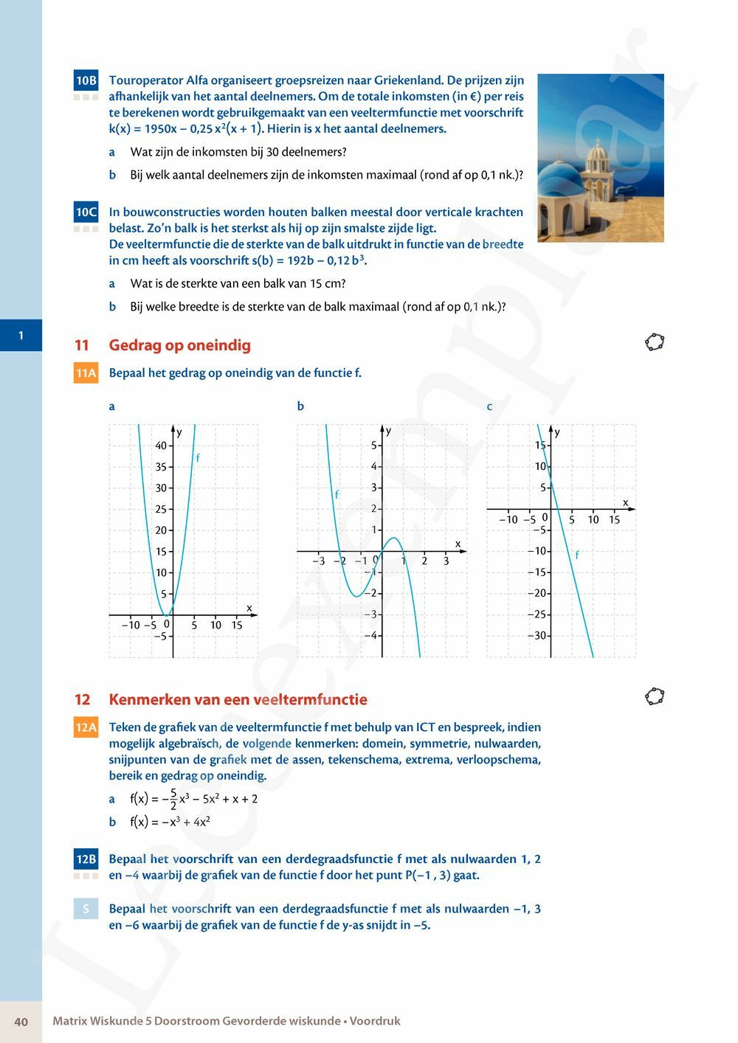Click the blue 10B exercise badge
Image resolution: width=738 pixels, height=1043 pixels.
click(x=86, y=80)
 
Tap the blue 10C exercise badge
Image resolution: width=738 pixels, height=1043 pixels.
click(x=86, y=212)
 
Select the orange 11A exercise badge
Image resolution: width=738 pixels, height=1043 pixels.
click(x=86, y=373)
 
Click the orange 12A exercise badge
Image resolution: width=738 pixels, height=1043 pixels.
click(x=86, y=728)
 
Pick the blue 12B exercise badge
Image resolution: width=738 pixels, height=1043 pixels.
click(x=86, y=859)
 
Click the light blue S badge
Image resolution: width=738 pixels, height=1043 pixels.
click(x=86, y=909)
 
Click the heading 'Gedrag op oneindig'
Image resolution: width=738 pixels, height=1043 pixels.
click(x=179, y=345)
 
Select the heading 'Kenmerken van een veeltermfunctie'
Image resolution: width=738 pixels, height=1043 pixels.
click(x=238, y=699)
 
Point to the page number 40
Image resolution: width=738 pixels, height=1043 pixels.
click(x=21, y=1022)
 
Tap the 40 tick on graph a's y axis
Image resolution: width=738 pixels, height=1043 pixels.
click(x=161, y=446)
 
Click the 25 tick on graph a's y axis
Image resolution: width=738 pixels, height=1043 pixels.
click(x=161, y=509)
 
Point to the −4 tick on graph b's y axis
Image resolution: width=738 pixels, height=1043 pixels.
click(x=373, y=636)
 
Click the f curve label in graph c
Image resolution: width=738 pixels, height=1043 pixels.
click(x=577, y=555)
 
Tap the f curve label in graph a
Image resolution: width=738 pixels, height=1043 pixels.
click(x=198, y=459)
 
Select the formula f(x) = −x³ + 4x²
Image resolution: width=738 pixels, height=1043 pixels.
click(x=170, y=822)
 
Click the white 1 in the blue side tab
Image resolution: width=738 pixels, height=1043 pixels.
click(x=21, y=336)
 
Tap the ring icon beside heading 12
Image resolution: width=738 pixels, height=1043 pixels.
click(x=655, y=696)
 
